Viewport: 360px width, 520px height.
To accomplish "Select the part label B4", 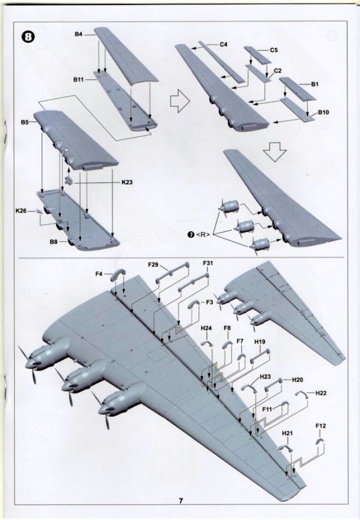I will [x=79, y=35].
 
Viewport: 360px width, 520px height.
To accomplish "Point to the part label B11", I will [x=79, y=81].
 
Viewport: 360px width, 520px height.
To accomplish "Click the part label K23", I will [x=128, y=182].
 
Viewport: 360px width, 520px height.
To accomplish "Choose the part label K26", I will [x=22, y=211].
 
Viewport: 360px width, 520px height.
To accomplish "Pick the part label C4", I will [x=223, y=44].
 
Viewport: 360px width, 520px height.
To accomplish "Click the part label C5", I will [x=274, y=50].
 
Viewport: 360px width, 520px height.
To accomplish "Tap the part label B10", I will [x=323, y=112].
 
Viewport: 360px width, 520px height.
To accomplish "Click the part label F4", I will [x=99, y=274].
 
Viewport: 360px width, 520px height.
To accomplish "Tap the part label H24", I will [x=206, y=328].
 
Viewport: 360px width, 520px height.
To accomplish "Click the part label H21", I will [x=288, y=434].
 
